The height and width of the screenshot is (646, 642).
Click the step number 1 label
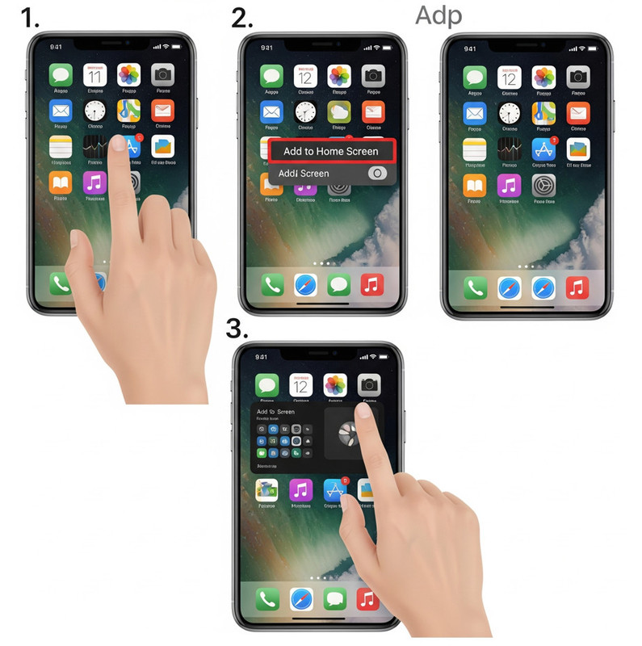tap(31, 18)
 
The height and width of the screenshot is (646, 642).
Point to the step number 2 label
tap(241, 18)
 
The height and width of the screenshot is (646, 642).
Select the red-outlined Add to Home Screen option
tap(330, 151)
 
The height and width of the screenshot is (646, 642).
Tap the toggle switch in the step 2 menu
tap(376, 173)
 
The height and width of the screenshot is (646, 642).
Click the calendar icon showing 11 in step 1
tap(94, 76)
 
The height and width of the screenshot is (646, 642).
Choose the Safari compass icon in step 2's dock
tap(305, 285)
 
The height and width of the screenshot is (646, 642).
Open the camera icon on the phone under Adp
tap(577, 77)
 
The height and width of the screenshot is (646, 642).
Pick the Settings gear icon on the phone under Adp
tap(543, 185)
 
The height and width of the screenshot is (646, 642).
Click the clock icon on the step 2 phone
tap(305, 112)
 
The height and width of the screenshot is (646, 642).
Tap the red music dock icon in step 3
tap(367, 598)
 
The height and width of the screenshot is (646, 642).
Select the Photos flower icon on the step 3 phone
tap(335, 385)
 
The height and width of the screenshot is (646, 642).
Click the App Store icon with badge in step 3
tap(334, 489)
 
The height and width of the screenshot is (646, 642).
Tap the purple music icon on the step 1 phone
tap(94, 183)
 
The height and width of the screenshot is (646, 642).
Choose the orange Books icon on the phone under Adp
tap(474, 185)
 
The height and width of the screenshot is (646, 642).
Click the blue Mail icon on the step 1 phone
tap(61, 111)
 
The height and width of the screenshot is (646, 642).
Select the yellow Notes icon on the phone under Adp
tap(474, 149)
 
